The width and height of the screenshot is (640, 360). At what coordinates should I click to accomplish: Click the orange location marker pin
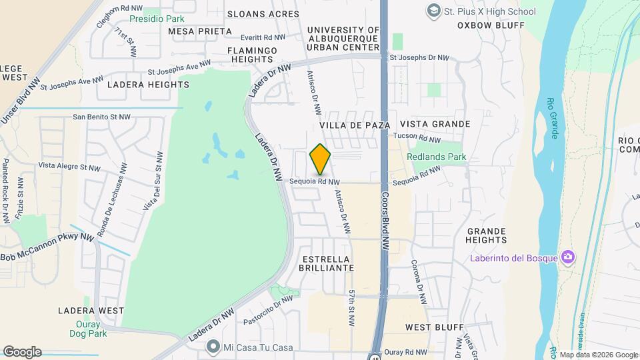coord(321,159)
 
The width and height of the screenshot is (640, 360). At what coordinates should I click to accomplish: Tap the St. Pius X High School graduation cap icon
coord(435,11)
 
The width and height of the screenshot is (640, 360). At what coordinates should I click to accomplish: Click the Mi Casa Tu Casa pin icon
coord(213,347)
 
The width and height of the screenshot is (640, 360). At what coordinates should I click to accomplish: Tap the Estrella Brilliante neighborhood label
coord(327,263)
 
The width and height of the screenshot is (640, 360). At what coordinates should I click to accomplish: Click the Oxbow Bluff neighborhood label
coord(491,25)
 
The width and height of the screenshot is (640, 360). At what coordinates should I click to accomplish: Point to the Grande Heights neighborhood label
coord(486,235)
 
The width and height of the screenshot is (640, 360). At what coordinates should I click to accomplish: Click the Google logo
coord(21,351)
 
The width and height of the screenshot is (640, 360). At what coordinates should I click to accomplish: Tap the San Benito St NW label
coord(101,117)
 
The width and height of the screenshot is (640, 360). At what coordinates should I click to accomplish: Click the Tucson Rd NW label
coord(417,138)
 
